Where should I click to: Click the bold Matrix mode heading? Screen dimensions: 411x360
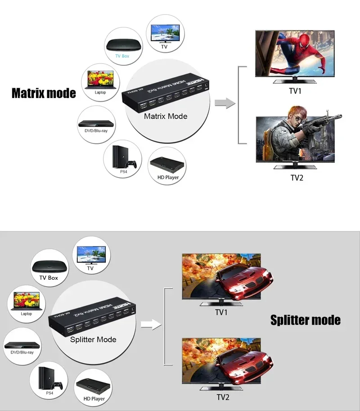click(x=44, y=93)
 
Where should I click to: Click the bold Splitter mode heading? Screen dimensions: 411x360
click(x=305, y=320)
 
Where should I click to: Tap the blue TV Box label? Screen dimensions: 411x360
click(x=122, y=56)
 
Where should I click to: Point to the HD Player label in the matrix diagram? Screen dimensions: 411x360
click(x=168, y=177)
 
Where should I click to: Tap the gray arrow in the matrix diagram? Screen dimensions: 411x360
click(x=225, y=103)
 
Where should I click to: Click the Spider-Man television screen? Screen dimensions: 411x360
click(x=295, y=54)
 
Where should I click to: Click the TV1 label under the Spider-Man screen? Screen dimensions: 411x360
click(x=295, y=91)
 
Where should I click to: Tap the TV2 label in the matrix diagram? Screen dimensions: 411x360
click(x=297, y=178)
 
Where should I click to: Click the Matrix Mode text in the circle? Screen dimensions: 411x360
click(x=166, y=116)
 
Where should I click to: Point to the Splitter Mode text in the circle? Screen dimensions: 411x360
click(x=93, y=340)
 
